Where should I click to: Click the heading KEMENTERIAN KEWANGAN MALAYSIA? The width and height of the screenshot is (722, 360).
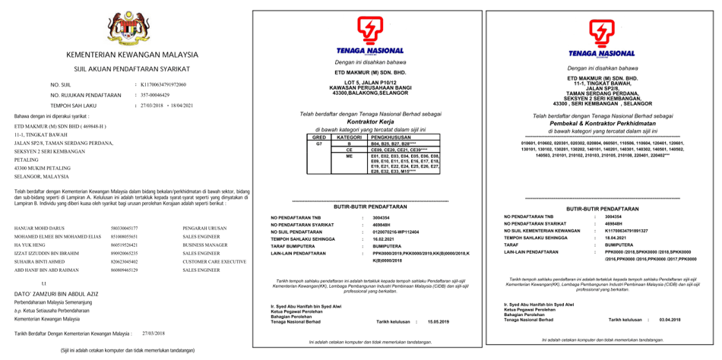click(x=126, y=55)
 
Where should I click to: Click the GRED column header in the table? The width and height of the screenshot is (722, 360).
click(x=320, y=137)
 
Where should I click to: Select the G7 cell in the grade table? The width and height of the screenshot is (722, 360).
click(x=320, y=143)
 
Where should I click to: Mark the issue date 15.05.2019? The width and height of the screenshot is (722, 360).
click(x=439, y=322)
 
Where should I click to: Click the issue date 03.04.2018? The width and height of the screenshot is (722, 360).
click(x=670, y=321)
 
